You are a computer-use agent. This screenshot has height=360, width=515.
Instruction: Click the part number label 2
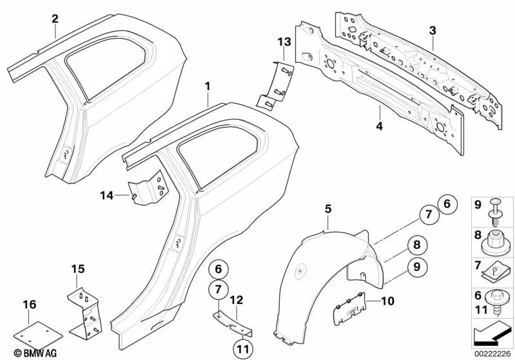55,18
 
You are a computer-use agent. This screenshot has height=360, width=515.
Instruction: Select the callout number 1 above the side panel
208,86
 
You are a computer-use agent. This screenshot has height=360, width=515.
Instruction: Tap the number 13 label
284,42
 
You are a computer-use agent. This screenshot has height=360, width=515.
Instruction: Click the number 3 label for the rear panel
432,30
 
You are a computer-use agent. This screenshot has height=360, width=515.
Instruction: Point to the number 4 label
380,127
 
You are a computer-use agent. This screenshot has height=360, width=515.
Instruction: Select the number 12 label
236,300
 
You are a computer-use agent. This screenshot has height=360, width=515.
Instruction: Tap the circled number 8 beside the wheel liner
416,245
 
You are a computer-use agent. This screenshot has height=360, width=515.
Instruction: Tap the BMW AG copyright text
24,354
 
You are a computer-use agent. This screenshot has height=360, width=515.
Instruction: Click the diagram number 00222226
492,354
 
